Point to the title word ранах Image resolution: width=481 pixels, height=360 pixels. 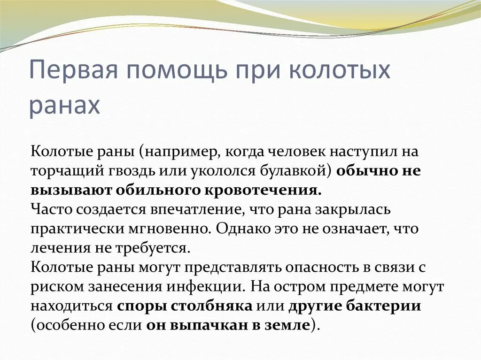pos(65,106)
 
